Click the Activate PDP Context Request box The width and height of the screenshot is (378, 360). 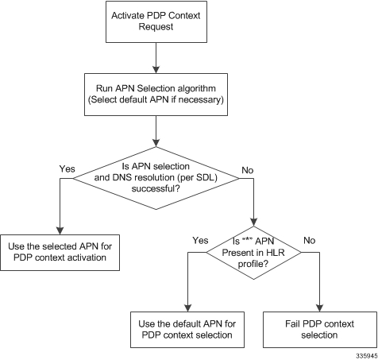(156, 21)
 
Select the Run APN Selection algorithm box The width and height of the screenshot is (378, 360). (156, 95)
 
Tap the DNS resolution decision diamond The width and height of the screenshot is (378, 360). (156, 178)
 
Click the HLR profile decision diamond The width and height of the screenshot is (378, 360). (253, 253)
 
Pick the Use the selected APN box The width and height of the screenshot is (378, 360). (60, 253)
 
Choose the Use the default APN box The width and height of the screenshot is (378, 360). (187, 330)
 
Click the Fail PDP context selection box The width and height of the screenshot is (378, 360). (320, 330)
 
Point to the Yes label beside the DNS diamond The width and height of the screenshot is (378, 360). (67, 168)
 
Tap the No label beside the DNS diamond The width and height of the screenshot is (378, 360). (248, 170)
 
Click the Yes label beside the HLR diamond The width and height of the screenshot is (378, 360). (200, 240)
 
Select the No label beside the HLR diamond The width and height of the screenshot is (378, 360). (310, 240)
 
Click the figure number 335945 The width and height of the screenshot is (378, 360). (367, 355)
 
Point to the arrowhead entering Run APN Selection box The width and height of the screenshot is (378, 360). (156, 69)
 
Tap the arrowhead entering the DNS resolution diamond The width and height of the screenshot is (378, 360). (156, 143)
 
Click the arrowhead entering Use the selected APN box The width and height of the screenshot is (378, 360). (60, 230)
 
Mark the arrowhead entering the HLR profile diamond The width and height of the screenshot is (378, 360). (254, 223)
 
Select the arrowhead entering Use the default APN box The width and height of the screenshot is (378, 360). (187, 308)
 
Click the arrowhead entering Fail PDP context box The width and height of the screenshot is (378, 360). (320, 308)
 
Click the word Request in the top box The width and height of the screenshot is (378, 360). (156, 27)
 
